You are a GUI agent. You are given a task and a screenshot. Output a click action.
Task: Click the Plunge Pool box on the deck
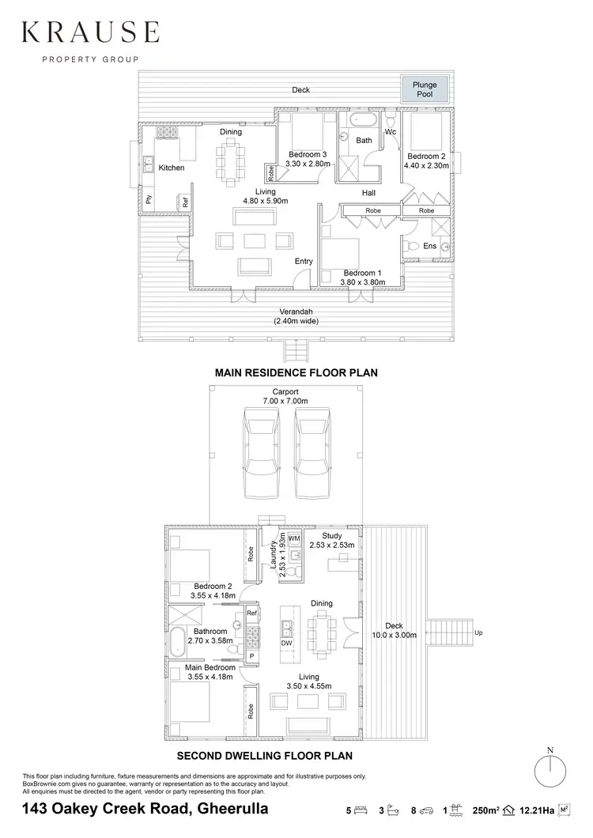pos(425,89)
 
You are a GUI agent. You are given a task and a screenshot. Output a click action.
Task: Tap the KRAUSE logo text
pos(90,32)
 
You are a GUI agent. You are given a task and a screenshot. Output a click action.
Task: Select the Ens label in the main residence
pos(429,247)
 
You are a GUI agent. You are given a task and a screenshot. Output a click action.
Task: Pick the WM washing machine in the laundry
pos(294,538)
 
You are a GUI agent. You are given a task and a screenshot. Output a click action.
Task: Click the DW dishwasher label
pos(286,644)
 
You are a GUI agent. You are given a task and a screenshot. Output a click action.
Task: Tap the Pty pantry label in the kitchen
pos(148,200)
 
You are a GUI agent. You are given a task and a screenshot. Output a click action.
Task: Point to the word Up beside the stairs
pos(478,632)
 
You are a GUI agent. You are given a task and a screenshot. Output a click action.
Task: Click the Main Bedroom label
pos(210,667)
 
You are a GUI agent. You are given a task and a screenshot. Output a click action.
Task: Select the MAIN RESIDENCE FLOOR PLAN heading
pos(296,372)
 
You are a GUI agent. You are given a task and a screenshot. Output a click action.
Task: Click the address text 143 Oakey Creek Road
pos(145,809)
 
